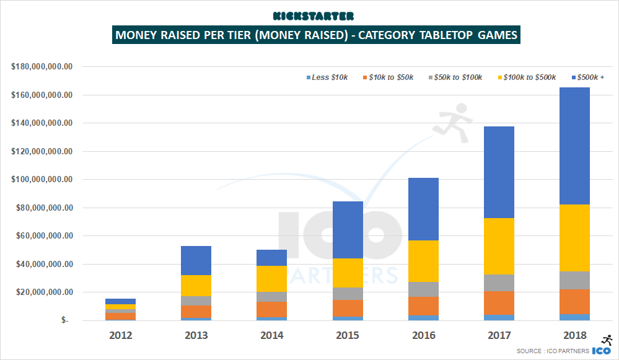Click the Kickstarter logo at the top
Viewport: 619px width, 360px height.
(313, 15)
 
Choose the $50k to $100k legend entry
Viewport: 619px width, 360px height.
(454, 77)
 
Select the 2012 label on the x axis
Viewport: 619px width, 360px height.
(121, 335)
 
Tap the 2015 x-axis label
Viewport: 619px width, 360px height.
(348, 335)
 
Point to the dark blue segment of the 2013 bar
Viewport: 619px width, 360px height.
(196, 260)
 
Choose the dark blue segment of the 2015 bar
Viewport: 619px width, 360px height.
(348, 230)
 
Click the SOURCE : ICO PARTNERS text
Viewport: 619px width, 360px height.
(551, 351)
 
